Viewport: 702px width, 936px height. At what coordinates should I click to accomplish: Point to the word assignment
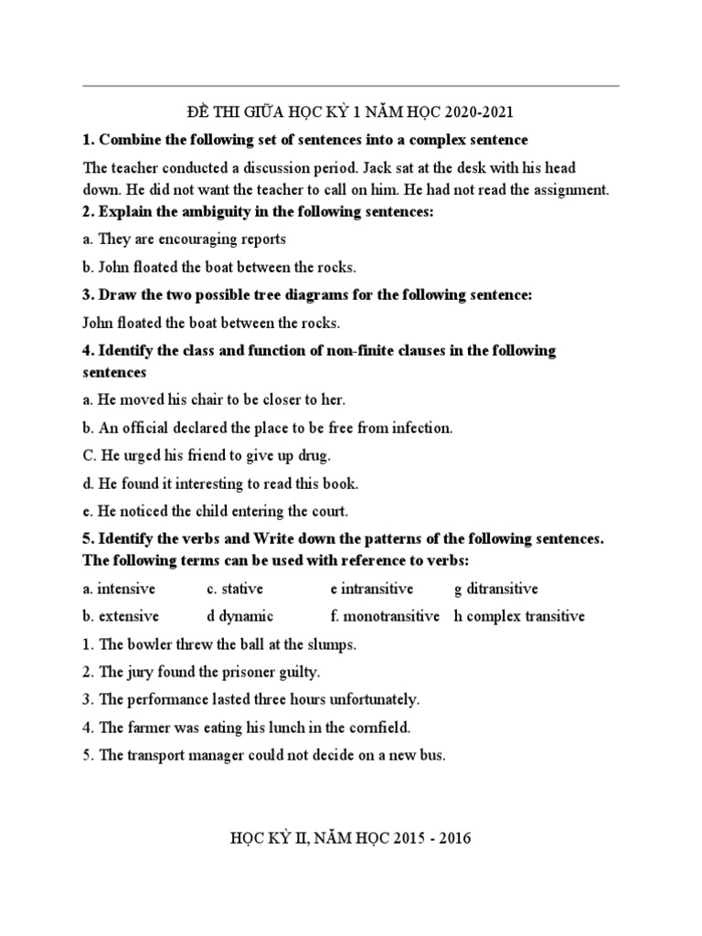pyautogui.click(x=568, y=189)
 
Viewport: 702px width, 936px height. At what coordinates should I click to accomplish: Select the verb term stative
pyautogui.click(x=241, y=589)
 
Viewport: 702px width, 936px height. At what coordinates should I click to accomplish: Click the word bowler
pyautogui.click(x=149, y=644)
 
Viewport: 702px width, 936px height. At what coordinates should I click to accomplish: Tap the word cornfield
pyautogui.click(x=379, y=729)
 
